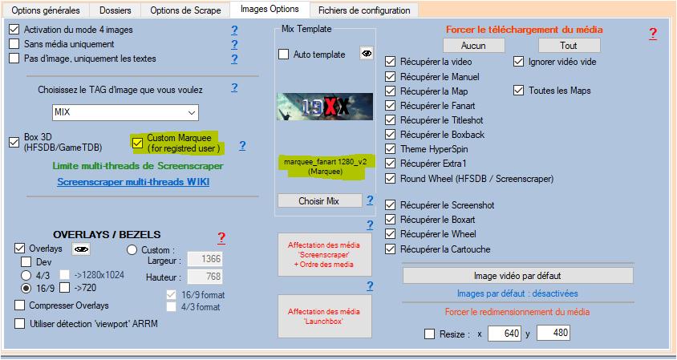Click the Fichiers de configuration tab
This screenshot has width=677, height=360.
364,10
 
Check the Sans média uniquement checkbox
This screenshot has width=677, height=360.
14,44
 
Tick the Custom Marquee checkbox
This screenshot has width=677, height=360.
137,143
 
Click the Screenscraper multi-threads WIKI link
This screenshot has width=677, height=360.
132,182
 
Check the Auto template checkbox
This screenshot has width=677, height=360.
284,55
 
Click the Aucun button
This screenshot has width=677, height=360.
474,46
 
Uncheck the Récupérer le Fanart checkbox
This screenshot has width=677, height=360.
391,106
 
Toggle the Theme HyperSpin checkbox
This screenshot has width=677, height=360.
391,149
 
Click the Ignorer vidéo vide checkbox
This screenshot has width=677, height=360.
519,62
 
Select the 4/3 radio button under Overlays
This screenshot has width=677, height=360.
27,275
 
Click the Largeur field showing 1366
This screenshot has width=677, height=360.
205,259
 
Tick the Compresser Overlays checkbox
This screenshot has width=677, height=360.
20,305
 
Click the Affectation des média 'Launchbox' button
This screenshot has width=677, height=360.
325,316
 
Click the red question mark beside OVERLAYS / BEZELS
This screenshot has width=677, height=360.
221,238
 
